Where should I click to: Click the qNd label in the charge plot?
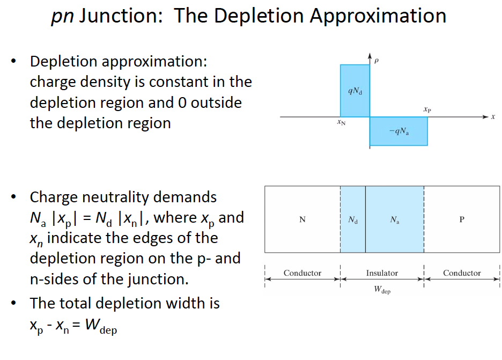pyautogui.click(x=355, y=91)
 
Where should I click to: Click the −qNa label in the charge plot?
pyautogui.click(x=399, y=131)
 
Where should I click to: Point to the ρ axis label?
pyautogui.click(x=376, y=60)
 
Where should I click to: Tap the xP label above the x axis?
pyautogui.click(x=427, y=109)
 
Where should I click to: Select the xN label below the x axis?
pyautogui.click(x=341, y=122)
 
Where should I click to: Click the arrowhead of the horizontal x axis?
pyautogui.click(x=486, y=117)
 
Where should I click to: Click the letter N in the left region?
pyautogui.click(x=302, y=219)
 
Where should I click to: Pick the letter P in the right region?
pyautogui.click(x=462, y=219)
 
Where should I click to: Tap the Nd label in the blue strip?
pyautogui.click(x=353, y=220)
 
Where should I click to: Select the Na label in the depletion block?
pyautogui.click(x=394, y=220)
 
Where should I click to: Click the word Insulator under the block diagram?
pyautogui.click(x=382, y=273)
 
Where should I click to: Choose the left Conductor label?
pyautogui.click(x=302, y=273)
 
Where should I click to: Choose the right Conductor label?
pyautogui.click(x=462, y=273)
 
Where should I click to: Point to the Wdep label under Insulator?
pyautogui.click(x=382, y=290)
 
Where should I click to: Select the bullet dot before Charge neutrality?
pyautogui.click(x=13, y=197)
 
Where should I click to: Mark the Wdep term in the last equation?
pyautogui.click(x=101, y=326)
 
